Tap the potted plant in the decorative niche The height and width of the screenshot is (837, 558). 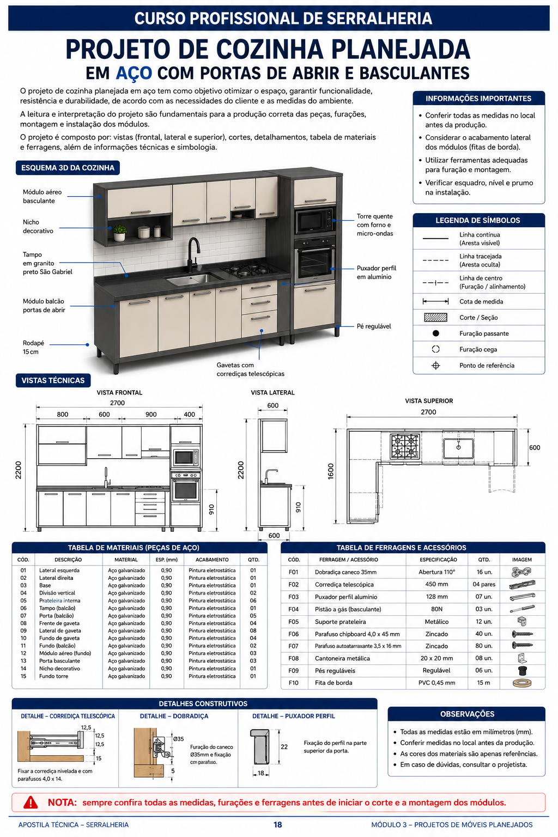click(x=119, y=233)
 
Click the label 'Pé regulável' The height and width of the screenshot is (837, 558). click(x=373, y=326)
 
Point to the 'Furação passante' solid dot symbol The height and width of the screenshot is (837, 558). click(x=435, y=333)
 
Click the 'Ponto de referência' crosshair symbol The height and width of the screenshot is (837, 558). click(x=435, y=366)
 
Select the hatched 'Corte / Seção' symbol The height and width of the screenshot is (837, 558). click(x=435, y=317)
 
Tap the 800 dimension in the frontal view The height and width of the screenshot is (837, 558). click(x=63, y=414)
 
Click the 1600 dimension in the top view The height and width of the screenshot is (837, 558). click(x=330, y=471)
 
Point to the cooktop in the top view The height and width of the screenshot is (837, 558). click(x=404, y=446)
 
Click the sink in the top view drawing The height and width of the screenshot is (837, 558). click(x=458, y=448)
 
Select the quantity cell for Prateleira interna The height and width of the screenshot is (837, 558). click(x=253, y=601)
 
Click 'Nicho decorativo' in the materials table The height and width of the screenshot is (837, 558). click(x=59, y=669)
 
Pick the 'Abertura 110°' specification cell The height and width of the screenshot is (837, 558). click(x=436, y=572)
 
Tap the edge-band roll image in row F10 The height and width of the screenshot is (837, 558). click(x=521, y=683)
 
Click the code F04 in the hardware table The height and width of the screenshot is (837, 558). click(x=293, y=609)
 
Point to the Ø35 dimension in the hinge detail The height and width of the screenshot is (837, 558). click(x=178, y=739)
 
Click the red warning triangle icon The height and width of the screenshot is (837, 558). click(x=31, y=802)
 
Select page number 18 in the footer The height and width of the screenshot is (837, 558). click(x=277, y=824)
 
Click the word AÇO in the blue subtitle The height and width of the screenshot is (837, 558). click(x=134, y=73)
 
